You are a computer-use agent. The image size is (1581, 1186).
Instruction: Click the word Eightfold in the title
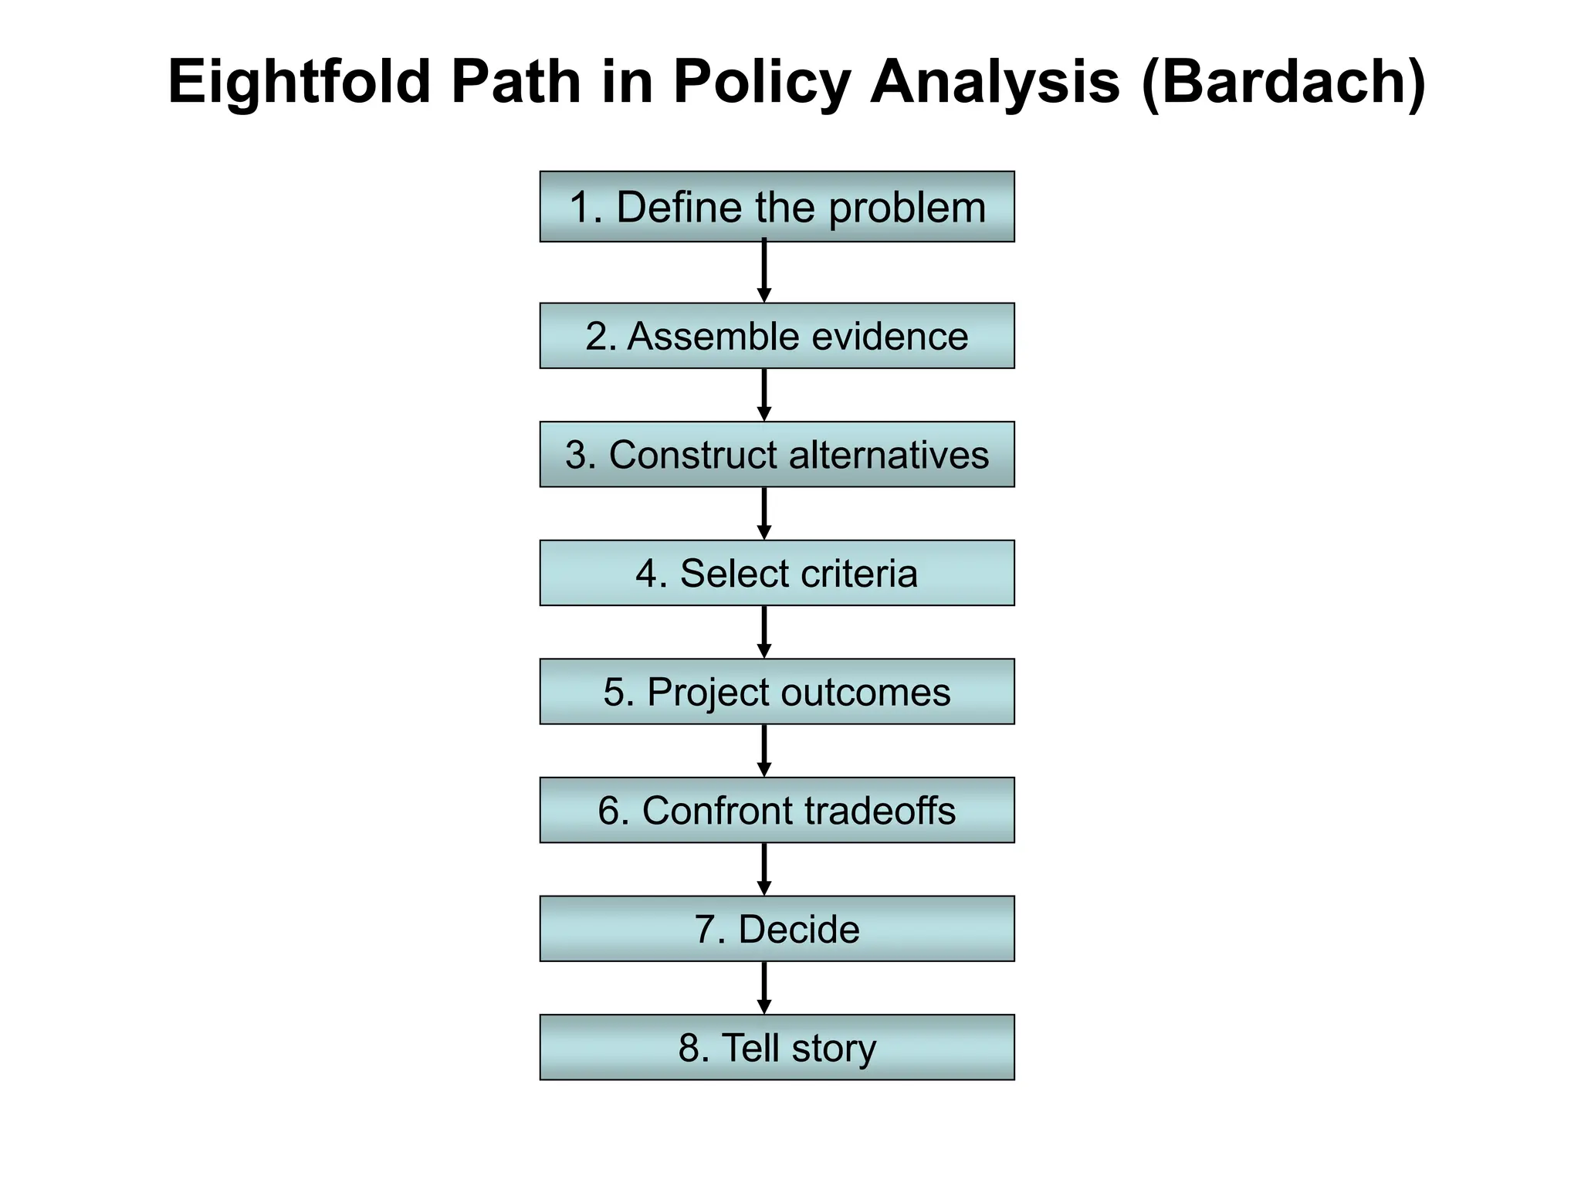click(x=299, y=83)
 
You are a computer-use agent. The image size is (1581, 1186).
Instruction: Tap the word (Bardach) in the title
click(x=1283, y=83)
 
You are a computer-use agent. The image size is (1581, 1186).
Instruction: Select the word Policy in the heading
click(x=761, y=83)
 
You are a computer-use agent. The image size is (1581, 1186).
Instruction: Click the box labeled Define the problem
click(x=777, y=207)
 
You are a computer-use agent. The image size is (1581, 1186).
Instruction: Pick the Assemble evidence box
click(x=777, y=336)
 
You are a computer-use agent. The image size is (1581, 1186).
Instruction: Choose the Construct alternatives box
click(x=777, y=455)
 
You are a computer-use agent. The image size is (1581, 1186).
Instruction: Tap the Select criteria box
click(x=777, y=573)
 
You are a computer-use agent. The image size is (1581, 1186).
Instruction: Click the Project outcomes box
click(x=777, y=692)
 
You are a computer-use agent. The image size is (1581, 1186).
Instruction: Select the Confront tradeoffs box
click(x=777, y=810)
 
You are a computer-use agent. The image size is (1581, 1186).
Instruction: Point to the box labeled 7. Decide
click(x=777, y=929)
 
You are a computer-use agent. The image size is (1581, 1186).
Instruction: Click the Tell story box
click(x=777, y=1048)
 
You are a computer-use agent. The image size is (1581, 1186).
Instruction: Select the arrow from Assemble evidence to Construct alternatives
click(x=764, y=395)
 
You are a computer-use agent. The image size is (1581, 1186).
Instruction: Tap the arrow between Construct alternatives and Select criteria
click(x=764, y=513)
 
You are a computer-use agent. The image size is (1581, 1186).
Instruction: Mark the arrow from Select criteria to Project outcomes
click(x=764, y=632)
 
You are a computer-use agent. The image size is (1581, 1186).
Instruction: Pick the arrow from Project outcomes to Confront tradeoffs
click(x=764, y=751)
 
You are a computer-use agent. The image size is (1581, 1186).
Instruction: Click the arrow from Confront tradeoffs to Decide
click(x=764, y=869)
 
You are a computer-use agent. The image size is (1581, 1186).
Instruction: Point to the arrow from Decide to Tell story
click(x=764, y=988)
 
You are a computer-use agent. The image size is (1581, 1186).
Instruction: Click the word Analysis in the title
click(x=994, y=83)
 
